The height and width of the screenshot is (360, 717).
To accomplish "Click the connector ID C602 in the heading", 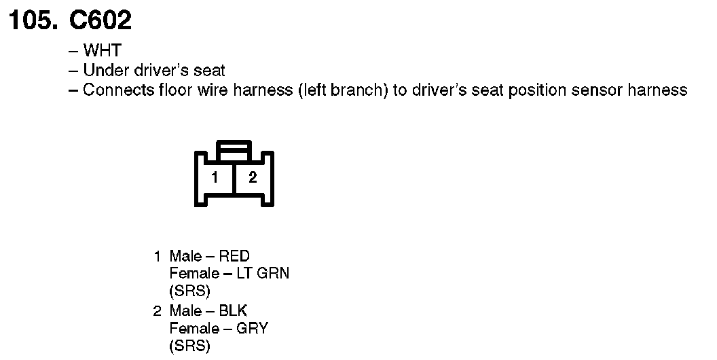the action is coord(100,21).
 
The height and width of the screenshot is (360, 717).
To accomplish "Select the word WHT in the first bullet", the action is coord(102,51).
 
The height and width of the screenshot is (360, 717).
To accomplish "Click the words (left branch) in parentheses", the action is coord(342,90).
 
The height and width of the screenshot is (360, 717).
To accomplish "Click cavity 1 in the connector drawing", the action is coord(215,178).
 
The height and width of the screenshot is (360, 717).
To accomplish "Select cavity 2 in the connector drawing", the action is coord(253,178).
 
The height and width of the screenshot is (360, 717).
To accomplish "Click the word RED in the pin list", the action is coord(234,256).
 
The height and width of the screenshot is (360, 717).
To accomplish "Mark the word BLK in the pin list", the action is coord(234,311).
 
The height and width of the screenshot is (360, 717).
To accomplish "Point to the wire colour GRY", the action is coord(252,329).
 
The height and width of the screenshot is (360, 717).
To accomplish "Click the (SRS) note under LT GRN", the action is coord(189,291).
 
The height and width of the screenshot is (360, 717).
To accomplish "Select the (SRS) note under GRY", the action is coord(189,346).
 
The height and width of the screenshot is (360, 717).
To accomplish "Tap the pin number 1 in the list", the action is coord(158,256).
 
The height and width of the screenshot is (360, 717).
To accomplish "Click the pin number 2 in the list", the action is coord(158,311).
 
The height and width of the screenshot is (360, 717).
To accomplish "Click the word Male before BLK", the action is coord(185,311).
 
